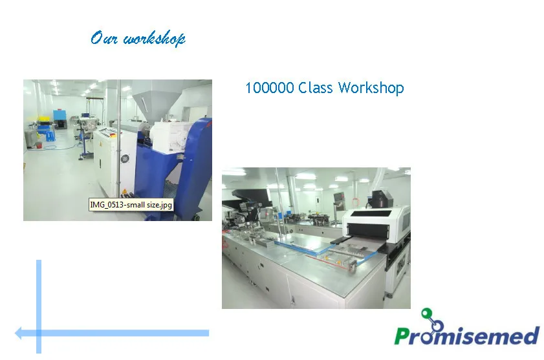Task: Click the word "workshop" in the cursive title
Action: (155, 39)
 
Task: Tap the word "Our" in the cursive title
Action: (103, 37)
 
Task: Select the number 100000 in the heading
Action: (270, 88)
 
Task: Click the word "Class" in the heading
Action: (316, 88)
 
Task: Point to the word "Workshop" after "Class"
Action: (371, 88)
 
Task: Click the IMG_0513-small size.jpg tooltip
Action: (131, 205)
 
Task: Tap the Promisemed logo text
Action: (466, 335)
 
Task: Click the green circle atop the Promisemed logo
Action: (426, 313)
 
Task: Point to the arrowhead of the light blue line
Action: (18, 333)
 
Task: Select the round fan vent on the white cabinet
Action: (125, 159)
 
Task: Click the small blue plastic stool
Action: (50, 136)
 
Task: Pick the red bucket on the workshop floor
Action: (39, 145)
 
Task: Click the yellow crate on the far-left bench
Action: (44, 120)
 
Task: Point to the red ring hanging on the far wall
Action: (355, 202)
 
